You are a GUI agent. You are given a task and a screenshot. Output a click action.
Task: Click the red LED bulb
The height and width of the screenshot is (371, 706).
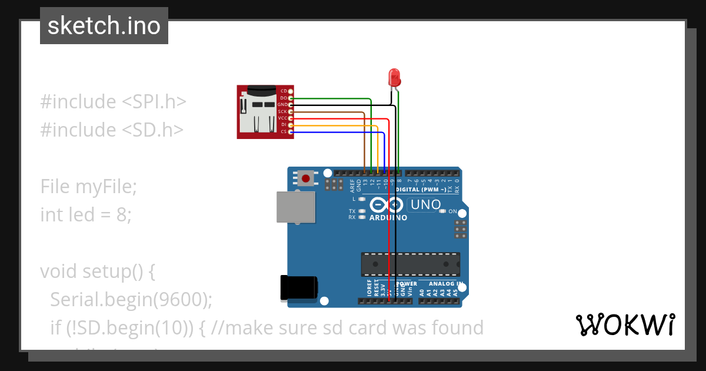(x=394, y=77)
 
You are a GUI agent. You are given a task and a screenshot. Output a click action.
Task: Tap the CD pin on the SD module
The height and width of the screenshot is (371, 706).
(x=290, y=91)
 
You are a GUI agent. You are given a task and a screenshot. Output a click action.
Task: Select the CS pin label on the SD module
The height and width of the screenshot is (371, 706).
(x=284, y=131)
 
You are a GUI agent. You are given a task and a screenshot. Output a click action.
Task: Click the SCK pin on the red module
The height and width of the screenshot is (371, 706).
(x=290, y=111)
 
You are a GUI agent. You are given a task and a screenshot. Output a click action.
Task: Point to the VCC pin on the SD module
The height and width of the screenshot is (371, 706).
(x=290, y=118)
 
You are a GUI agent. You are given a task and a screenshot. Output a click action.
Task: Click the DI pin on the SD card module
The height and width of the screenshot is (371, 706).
(x=290, y=125)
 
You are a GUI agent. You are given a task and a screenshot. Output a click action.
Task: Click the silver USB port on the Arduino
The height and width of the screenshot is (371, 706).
(x=296, y=207)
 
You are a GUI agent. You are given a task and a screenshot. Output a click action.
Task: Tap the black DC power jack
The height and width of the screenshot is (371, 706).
(x=299, y=287)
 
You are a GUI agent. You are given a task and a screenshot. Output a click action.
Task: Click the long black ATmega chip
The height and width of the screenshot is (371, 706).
(x=410, y=264)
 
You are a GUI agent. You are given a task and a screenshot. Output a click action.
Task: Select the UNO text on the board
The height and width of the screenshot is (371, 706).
(x=425, y=205)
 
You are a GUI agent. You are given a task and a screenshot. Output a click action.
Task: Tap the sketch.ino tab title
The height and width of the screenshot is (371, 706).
(x=104, y=26)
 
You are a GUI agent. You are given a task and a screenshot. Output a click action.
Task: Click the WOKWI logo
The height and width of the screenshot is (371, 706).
(x=625, y=324)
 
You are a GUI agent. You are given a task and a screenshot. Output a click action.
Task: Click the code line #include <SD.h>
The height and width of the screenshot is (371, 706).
(x=112, y=130)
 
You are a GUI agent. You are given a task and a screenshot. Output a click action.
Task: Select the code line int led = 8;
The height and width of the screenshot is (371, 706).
(x=86, y=214)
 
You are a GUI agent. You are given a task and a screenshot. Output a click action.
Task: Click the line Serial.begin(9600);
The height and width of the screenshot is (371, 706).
(x=131, y=300)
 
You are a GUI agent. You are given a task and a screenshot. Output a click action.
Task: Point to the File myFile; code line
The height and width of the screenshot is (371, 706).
(x=88, y=187)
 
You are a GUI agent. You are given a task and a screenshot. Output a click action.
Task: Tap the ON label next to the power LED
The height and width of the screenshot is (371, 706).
(x=452, y=211)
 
